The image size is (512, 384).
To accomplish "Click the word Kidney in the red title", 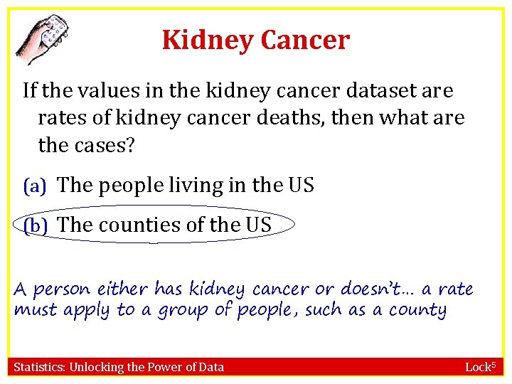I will [x=206, y=41].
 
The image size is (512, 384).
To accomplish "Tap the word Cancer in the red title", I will [x=305, y=41].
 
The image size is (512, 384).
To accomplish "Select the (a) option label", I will [x=35, y=186].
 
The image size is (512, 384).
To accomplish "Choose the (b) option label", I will [x=35, y=225].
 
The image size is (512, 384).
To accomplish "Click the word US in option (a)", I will [x=300, y=186].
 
